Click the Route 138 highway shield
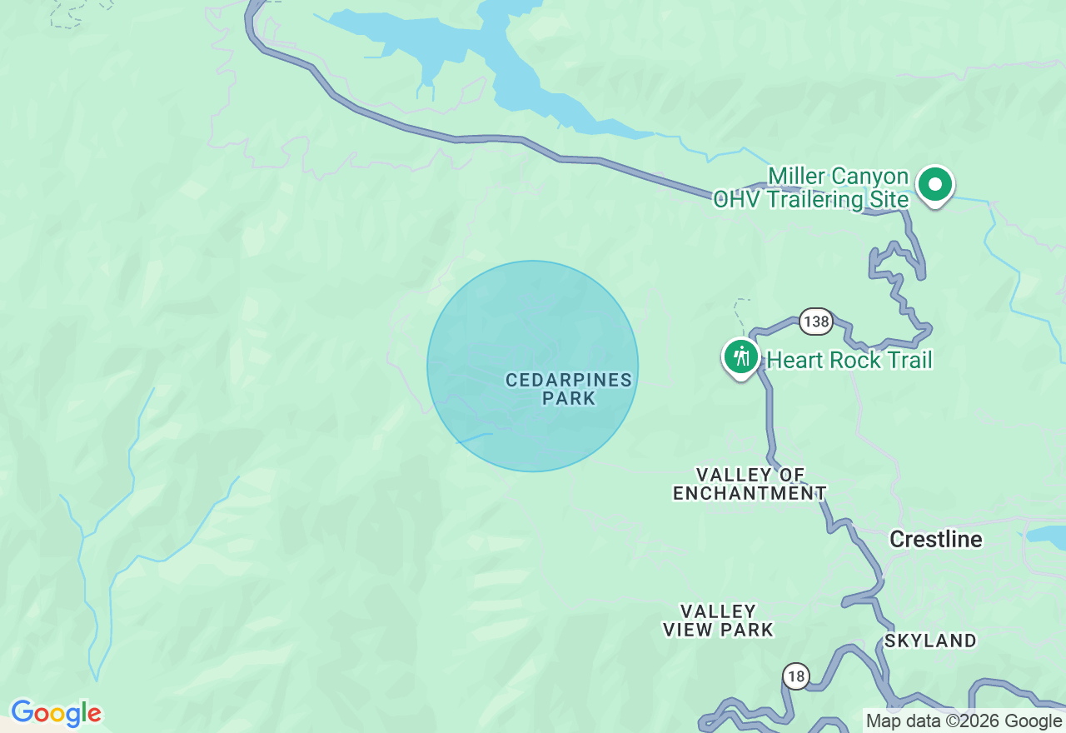(x=816, y=322)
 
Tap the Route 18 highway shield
(x=796, y=676)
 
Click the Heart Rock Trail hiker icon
(x=740, y=357)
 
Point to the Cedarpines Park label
(x=569, y=389)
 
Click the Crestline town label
(x=935, y=540)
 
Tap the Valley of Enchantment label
(x=750, y=484)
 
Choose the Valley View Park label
(x=718, y=621)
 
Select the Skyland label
(x=930, y=641)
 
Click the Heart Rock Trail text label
(x=849, y=360)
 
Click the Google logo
(x=56, y=714)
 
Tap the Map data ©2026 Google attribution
(x=964, y=721)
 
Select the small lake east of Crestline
(x=1045, y=536)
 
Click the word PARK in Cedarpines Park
(x=569, y=399)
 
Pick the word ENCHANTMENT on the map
(x=750, y=494)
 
